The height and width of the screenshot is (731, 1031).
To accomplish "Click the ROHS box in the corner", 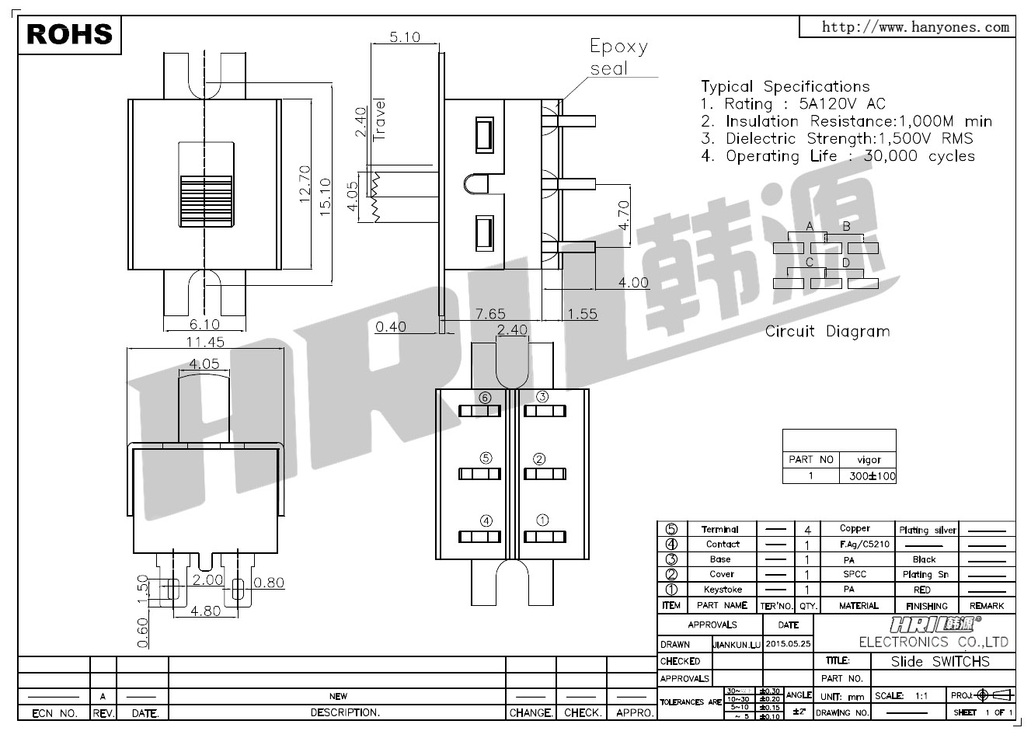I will pyautogui.click(x=70, y=34).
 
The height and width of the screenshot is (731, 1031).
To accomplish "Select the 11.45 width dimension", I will pyautogui.click(x=205, y=342).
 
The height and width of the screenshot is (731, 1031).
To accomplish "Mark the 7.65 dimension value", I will pyautogui.click(x=490, y=314).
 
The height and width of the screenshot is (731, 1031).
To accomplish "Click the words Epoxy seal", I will pyautogui.click(x=618, y=57).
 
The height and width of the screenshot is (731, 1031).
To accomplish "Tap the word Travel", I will pyautogui.click(x=380, y=118).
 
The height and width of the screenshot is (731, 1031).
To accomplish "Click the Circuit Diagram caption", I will pyautogui.click(x=827, y=332).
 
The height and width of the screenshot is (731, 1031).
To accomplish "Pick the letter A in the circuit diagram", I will pyautogui.click(x=810, y=226).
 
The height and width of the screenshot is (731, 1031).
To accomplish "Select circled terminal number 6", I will pyautogui.click(x=486, y=397).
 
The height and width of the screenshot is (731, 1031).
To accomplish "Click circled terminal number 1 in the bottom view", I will pyautogui.click(x=542, y=520).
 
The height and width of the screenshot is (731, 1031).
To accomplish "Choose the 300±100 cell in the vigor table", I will pyautogui.click(x=868, y=475).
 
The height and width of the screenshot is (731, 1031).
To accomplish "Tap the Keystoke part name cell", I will pyautogui.click(x=721, y=590).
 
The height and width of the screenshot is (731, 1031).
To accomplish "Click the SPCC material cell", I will pyautogui.click(x=859, y=574).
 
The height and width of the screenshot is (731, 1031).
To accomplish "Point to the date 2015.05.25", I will pyautogui.click(x=788, y=644).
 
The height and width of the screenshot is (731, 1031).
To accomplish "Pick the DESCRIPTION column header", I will pyautogui.click(x=345, y=712).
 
